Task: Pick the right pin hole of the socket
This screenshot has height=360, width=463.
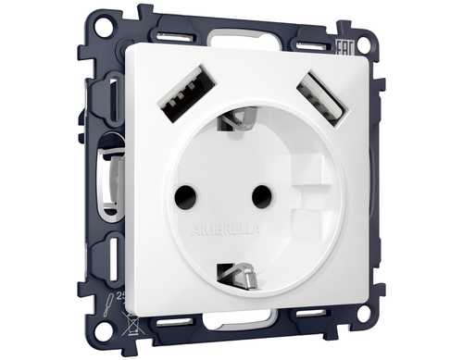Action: [262, 193]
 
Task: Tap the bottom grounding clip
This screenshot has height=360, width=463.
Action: [240, 273]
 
